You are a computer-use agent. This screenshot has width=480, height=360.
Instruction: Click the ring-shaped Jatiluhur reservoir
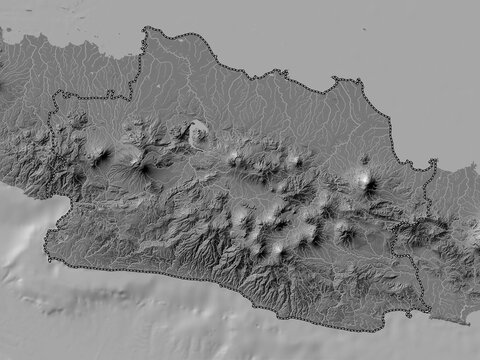pos(198,132)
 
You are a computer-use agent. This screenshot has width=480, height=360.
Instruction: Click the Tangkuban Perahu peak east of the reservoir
pos(236,157)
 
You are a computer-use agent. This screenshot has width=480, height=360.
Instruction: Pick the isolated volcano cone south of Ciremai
pos(346,234)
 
